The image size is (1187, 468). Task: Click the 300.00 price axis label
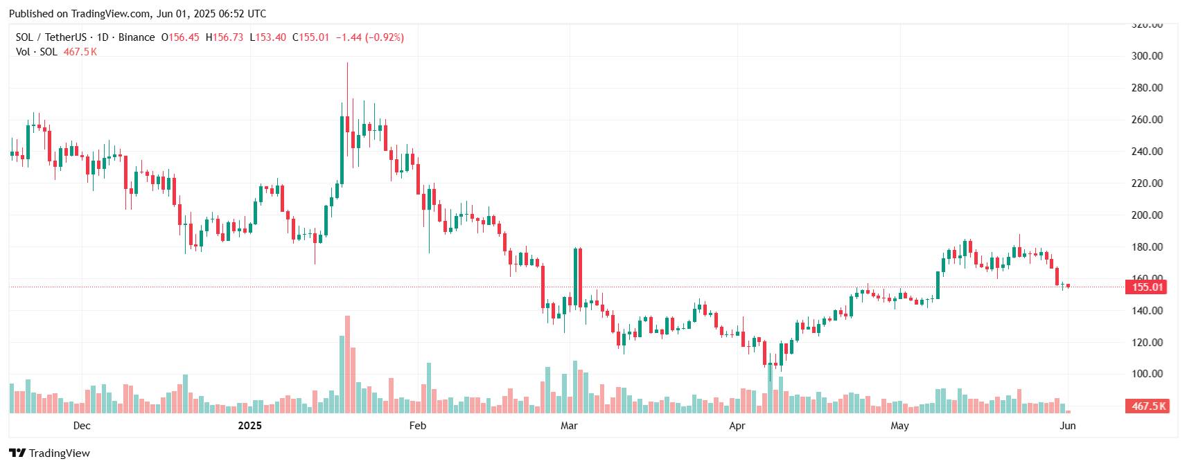click(x=1147, y=56)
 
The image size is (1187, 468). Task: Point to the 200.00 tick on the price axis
click(x=1147, y=215)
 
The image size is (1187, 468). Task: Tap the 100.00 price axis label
click(x=1147, y=374)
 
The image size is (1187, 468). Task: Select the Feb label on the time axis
click(x=418, y=426)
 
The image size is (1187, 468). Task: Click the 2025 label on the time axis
click(x=249, y=426)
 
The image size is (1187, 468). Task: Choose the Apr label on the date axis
click(x=737, y=426)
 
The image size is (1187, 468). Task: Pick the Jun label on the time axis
click(x=1068, y=426)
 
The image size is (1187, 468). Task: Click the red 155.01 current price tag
click(x=1147, y=287)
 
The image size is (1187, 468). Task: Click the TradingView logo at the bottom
click(x=50, y=453)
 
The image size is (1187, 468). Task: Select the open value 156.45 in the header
click(x=184, y=37)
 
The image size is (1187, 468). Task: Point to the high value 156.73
click(x=228, y=37)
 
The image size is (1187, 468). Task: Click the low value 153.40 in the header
click(x=271, y=37)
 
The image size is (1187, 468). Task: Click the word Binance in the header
click(x=137, y=37)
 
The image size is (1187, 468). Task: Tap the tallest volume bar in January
click(x=347, y=365)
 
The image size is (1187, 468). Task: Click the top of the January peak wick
click(x=347, y=63)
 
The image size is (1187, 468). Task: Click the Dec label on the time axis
click(x=82, y=426)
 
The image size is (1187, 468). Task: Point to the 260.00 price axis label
click(x=1147, y=120)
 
